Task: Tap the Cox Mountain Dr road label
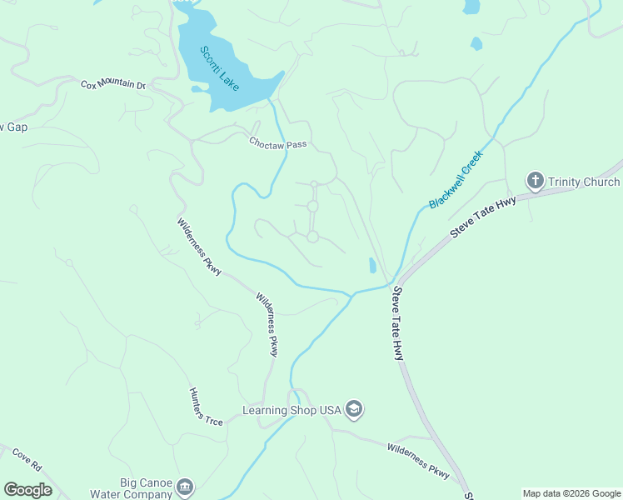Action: point(112,85)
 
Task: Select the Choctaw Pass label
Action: point(278,143)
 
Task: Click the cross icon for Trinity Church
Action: point(535,181)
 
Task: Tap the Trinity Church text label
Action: point(584,182)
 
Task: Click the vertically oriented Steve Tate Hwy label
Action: point(398,323)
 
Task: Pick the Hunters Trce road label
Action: point(206,407)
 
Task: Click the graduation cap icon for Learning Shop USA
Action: point(354,409)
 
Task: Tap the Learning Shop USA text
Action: point(292,410)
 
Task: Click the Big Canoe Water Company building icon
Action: point(185,486)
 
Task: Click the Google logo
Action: point(27,490)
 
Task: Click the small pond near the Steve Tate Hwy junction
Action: point(371,266)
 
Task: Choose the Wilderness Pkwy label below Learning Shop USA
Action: point(418,461)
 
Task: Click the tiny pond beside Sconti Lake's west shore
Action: point(196,88)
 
